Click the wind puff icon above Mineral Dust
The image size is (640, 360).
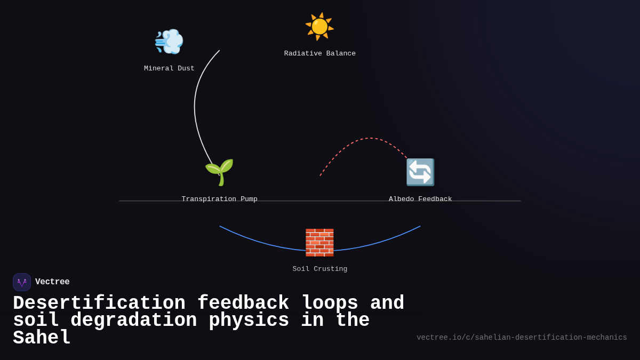pyautogui.click(x=169, y=42)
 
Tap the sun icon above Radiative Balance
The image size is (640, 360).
pyautogui.click(x=319, y=26)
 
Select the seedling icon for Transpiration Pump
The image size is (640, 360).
pyautogui.click(x=219, y=172)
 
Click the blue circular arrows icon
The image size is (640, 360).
pyautogui.click(x=420, y=172)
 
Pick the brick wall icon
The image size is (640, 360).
pyautogui.click(x=319, y=243)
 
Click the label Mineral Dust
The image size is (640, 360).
pyautogui.click(x=169, y=69)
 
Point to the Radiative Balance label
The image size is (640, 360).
pyautogui.click(x=319, y=54)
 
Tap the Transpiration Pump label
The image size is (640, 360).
pyautogui.click(x=219, y=199)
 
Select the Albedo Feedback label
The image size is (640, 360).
pyautogui.click(x=420, y=199)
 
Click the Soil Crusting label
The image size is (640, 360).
pyautogui.click(x=319, y=269)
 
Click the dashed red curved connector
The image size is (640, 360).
pyautogui.click(x=368, y=139)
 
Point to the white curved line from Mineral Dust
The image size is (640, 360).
pyautogui.click(x=195, y=107)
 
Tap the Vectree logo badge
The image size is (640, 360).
pyautogui.click(x=22, y=282)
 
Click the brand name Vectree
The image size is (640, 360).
pyautogui.click(x=52, y=282)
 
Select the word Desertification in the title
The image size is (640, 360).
pyautogui.click(x=99, y=303)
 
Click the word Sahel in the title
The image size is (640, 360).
pyautogui.click(x=42, y=338)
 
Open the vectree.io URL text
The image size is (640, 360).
pyautogui.click(x=522, y=338)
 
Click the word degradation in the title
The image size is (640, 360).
pyautogui.click(x=133, y=321)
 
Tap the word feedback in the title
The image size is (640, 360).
pyautogui.click(x=243, y=303)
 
